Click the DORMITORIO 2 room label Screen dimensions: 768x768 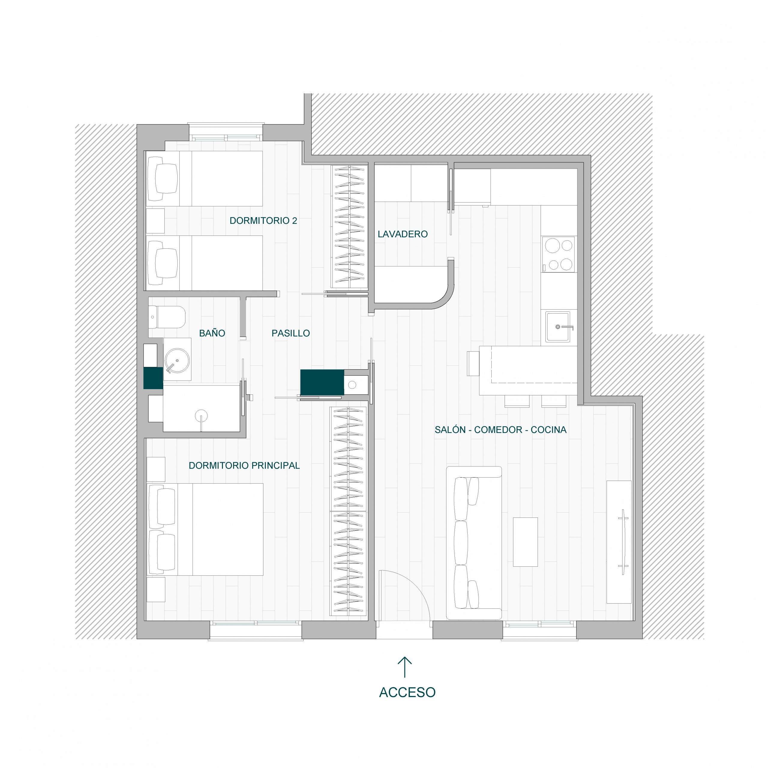[x=263, y=220]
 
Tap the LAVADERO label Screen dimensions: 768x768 [x=403, y=234]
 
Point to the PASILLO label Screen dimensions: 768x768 [x=291, y=333]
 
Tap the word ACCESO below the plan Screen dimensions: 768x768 [x=407, y=692]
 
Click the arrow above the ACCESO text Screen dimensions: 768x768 [x=405, y=667]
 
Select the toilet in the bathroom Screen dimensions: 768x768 [x=167, y=317]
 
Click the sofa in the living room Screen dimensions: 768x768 [x=474, y=543]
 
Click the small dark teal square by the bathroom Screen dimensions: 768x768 [x=153, y=378]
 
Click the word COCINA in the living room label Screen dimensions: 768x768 [x=549, y=430]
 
